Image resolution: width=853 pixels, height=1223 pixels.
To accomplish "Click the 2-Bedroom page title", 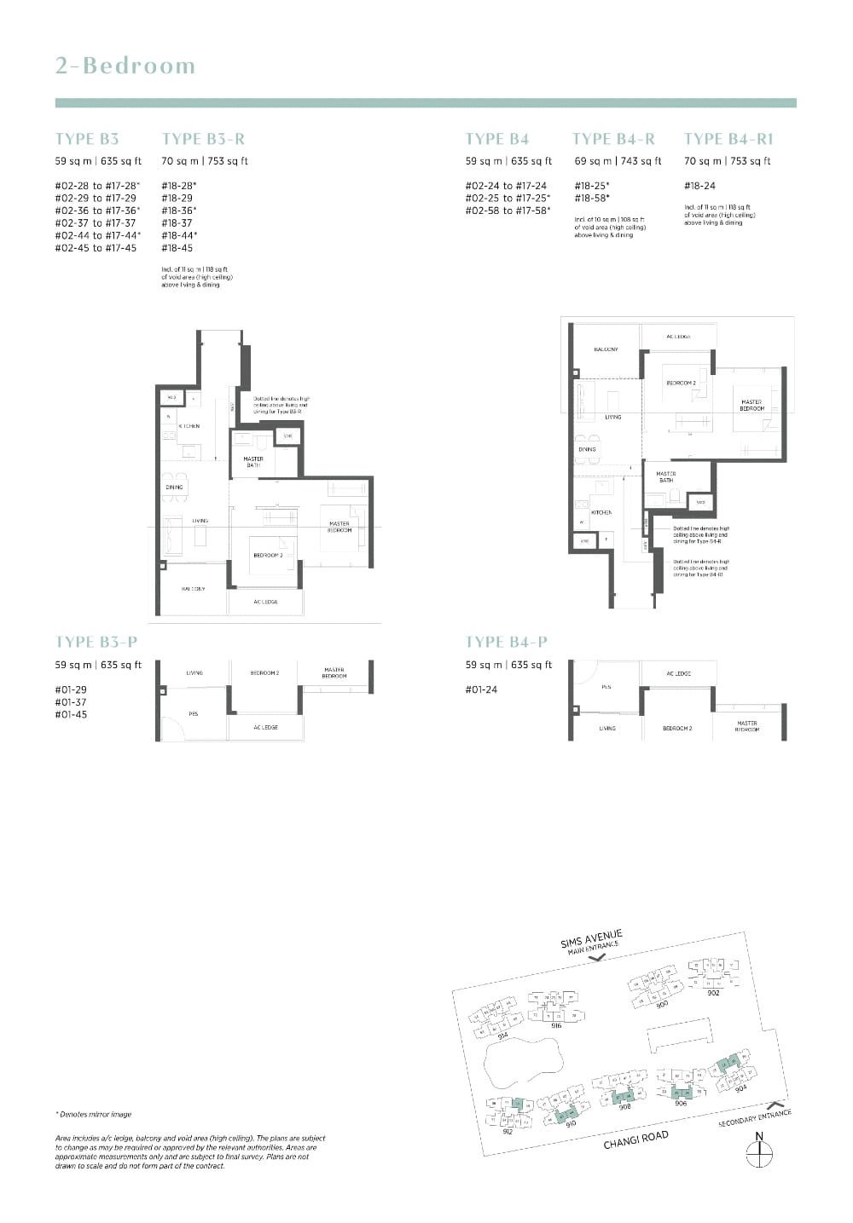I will pyautogui.click(x=125, y=66).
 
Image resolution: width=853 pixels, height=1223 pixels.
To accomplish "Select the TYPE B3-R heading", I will pyautogui.click(x=203, y=139).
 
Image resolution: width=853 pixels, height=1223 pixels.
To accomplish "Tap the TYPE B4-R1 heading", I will pyautogui.click(x=728, y=139).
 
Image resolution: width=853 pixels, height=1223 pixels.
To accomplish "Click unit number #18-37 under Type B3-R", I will pyautogui.click(x=177, y=223).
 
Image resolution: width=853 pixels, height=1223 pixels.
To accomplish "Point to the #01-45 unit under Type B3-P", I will pyautogui.click(x=71, y=714).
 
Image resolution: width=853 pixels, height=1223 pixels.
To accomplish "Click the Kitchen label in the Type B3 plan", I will pyautogui.click(x=189, y=425).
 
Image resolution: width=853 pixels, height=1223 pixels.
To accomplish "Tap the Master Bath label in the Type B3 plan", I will pyautogui.click(x=253, y=462).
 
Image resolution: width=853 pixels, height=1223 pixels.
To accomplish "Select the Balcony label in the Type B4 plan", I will pyautogui.click(x=606, y=349).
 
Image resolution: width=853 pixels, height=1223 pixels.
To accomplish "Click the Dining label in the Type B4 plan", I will pyautogui.click(x=587, y=449).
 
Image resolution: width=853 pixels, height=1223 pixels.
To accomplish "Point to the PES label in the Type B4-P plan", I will pyautogui.click(x=606, y=686).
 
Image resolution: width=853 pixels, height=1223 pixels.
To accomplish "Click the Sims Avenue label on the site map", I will pyautogui.click(x=591, y=938).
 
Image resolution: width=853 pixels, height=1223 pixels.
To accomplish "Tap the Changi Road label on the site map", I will pyautogui.click(x=635, y=1139).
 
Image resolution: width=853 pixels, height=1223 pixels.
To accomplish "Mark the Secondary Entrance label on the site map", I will pyautogui.click(x=756, y=1118).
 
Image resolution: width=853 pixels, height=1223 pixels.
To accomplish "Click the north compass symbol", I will pyautogui.click(x=758, y=1151).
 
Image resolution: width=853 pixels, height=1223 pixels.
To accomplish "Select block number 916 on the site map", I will pyautogui.click(x=556, y=1026).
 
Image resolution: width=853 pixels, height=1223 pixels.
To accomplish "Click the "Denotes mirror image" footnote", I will pyautogui.click(x=95, y=1114).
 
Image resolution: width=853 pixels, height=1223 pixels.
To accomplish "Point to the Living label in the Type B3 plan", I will pyautogui.click(x=200, y=520).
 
